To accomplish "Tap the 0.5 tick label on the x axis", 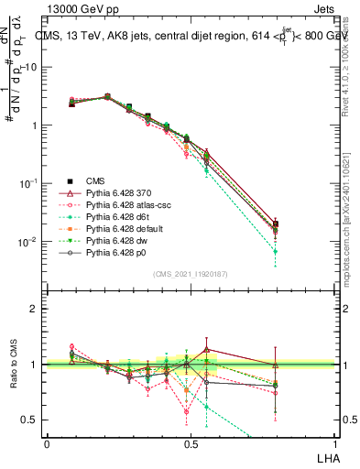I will [x=191, y=443].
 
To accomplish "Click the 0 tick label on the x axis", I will [x=47, y=443].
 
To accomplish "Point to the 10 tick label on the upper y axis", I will [x=33, y=68].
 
